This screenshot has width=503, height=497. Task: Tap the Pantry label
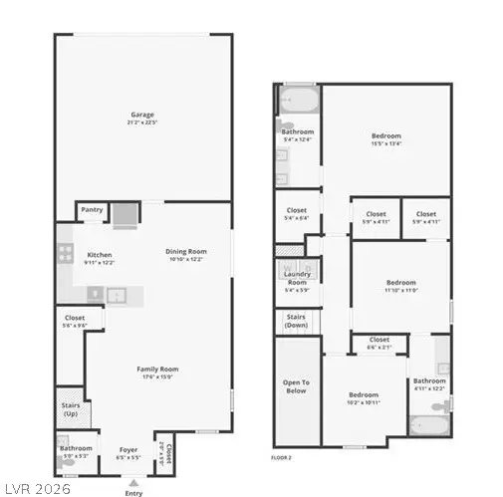[x=92, y=210]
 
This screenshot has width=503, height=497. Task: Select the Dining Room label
[x=184, y=254]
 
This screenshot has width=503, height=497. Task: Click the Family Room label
[x=155, y=372]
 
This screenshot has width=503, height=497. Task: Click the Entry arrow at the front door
[x=133, y=483]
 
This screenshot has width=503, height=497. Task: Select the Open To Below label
[x=296, y=386]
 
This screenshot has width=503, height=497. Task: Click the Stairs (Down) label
[x=296, y=322]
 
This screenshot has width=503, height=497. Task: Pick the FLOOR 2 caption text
[x=281, y=458]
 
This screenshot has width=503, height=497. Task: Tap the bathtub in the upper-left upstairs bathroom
[x=297, y=100]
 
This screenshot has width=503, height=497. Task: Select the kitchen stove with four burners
[x=66, y=253]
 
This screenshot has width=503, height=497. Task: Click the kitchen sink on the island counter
[x=116, y=295]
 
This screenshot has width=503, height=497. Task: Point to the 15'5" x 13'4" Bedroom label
[x=386, y=138]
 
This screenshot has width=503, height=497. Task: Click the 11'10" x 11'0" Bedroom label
[x=400, y=285]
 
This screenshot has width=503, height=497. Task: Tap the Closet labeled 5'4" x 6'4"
[x=296, y=213]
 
